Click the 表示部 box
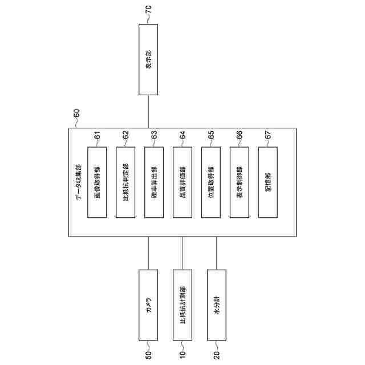coord(148,59)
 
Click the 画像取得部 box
coord(96,182)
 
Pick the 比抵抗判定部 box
coord(125,182)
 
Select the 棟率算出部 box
coord(153,182)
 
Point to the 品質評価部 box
coord(182,182)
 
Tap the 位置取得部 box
coord(210,182)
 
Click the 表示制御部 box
coord(239,182)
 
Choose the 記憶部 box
coord(267,182)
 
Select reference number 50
coord(148,355)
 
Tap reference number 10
coord(182,355)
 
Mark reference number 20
coord(217,355)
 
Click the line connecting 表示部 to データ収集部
coord(148,111)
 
